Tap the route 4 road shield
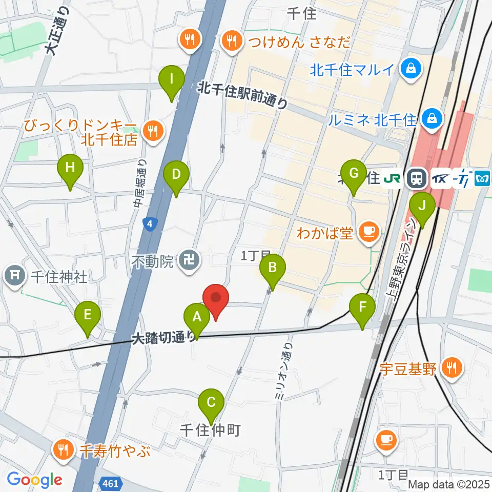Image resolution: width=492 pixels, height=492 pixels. pos(149,224)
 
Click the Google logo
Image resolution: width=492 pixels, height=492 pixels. pos(34,480)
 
